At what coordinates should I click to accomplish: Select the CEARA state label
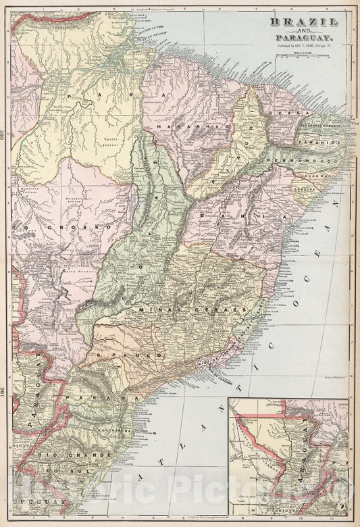point(282,114)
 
